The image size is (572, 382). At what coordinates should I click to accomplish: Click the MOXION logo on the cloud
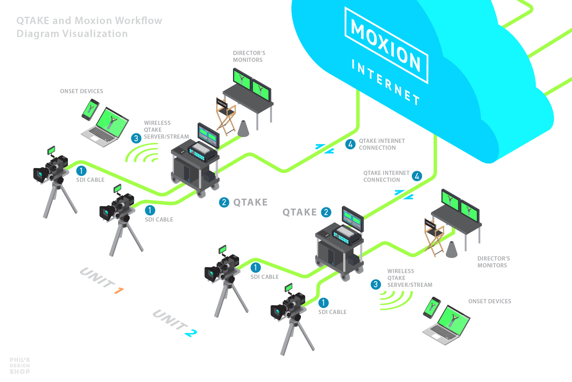point(386,45)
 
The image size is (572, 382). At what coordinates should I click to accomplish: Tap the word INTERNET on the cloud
point(385,82)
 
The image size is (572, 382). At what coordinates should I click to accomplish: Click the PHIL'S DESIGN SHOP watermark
point(20,366)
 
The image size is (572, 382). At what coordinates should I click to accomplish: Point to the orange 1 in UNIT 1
point(119,291)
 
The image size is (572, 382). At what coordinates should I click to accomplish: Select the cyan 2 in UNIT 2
point(191,333)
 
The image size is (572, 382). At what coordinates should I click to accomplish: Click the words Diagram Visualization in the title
point(72,34)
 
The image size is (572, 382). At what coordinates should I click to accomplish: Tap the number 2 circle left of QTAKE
point(224,202)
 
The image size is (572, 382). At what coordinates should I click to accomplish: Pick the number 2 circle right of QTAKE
point(326,212)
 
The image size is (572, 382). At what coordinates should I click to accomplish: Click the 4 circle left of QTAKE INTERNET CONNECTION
point(350,144)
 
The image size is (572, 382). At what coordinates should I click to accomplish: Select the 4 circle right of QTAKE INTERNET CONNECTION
point(417,176)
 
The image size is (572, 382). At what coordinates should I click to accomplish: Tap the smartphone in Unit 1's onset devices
point(90,110)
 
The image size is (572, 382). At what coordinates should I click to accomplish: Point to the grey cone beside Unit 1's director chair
point(243,128)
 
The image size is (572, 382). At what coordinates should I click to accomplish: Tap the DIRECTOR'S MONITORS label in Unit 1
point(249,57)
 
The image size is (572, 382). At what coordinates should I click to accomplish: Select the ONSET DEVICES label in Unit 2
point(490,301)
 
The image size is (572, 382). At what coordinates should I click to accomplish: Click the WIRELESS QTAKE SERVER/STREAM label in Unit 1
point(166,130)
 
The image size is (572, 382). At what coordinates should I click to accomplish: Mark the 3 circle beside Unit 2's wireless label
point(376,284)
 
